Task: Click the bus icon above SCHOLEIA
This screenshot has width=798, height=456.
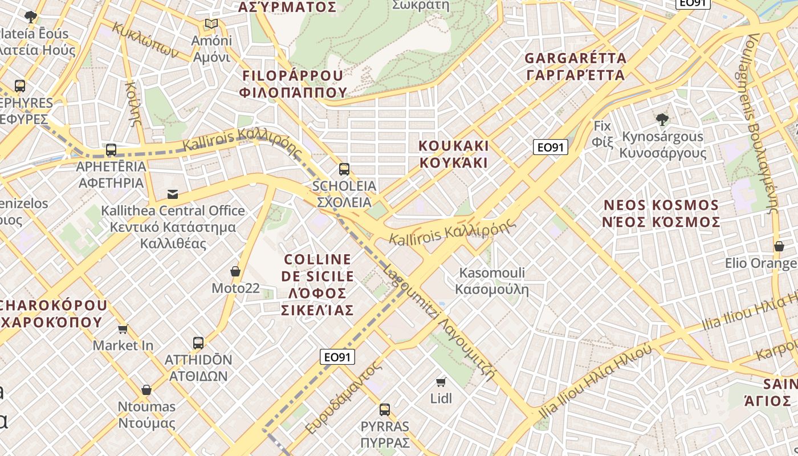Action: coord(344,169)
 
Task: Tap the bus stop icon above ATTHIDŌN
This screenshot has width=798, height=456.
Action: coord(198,343)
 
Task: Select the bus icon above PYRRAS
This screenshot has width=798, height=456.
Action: coord(385,409)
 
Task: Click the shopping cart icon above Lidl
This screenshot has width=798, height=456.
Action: coord(441,382)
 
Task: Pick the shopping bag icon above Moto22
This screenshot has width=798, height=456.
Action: coord(235,271)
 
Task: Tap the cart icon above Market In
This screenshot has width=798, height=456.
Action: coord(123,329)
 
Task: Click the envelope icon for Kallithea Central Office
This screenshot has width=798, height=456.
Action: coord(173,194)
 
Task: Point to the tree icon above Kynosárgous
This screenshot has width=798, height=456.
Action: coord(662,120)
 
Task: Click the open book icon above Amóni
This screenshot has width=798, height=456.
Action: coord(211,24)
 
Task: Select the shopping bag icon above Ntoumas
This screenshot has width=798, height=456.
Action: coord(146,390)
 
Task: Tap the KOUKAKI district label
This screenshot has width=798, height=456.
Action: coord(454,154)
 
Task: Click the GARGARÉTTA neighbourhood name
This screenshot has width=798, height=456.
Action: coord(575,67)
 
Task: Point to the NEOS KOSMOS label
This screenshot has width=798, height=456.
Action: coord(661,213)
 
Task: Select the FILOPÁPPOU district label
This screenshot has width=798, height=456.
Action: coord(293,84)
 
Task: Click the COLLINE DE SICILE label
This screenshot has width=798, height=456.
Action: coord(317,284)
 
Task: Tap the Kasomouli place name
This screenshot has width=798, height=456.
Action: coord(492,281)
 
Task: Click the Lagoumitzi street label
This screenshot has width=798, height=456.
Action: coord(439,322)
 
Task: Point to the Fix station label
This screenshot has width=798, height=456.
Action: coord(602,133)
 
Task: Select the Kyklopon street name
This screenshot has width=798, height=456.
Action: coord(146,40)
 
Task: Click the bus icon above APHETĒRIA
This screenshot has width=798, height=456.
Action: coord(111,150)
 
